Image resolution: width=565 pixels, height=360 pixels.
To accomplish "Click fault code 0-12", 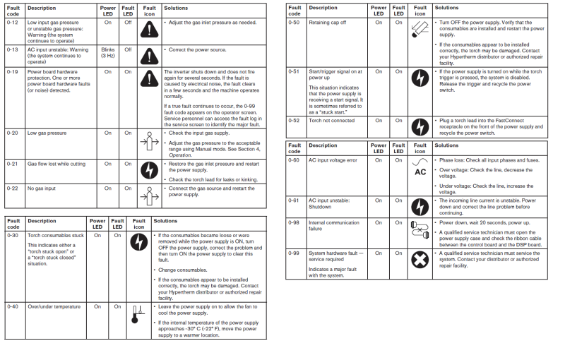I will point(13,23).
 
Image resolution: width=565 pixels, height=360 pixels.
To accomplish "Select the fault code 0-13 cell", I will point(13,49).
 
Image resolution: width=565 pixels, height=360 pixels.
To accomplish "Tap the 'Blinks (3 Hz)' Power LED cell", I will point(107,52).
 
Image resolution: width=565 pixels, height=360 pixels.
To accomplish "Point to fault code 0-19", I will point(13,72).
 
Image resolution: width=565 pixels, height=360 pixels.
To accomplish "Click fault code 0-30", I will point(13,235).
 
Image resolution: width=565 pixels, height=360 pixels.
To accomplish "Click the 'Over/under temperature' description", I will point(54,306).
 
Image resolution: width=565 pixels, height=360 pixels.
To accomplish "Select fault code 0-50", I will point(295,23).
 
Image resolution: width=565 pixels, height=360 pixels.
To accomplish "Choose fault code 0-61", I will point(295,200).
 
